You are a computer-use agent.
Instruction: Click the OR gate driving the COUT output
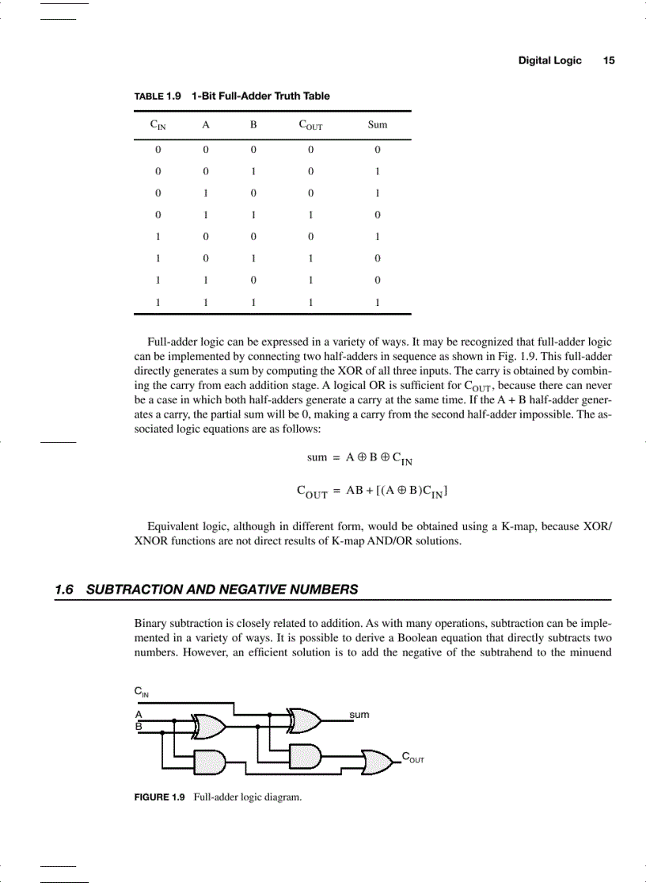[x=377, y=762]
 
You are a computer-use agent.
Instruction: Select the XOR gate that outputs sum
[x=305, y=720]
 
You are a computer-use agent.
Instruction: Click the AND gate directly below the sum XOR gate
[x=305, y=757]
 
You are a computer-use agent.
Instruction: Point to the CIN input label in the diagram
[x=142, y=692]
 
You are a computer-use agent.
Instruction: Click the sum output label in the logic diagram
[x=359, y=715]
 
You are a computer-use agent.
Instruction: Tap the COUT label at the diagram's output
[x=412, y=758]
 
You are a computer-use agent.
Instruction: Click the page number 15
[x=609, y=60]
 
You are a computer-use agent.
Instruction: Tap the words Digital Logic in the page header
[x=549, y=60]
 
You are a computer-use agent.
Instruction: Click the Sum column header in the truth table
[x=378, y=124]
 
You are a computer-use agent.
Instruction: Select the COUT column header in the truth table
[x=310, y=125]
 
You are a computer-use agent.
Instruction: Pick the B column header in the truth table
[x=253, y=124]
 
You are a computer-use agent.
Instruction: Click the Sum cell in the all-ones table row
[x=378, y=302]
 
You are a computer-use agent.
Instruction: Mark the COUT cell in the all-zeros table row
[x=311, y=149]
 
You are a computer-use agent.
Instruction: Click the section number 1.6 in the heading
[x=64, y=590]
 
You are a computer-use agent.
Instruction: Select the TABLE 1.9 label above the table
[x=158, y=96]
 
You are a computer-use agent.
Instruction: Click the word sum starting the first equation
[x=317, y=457]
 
